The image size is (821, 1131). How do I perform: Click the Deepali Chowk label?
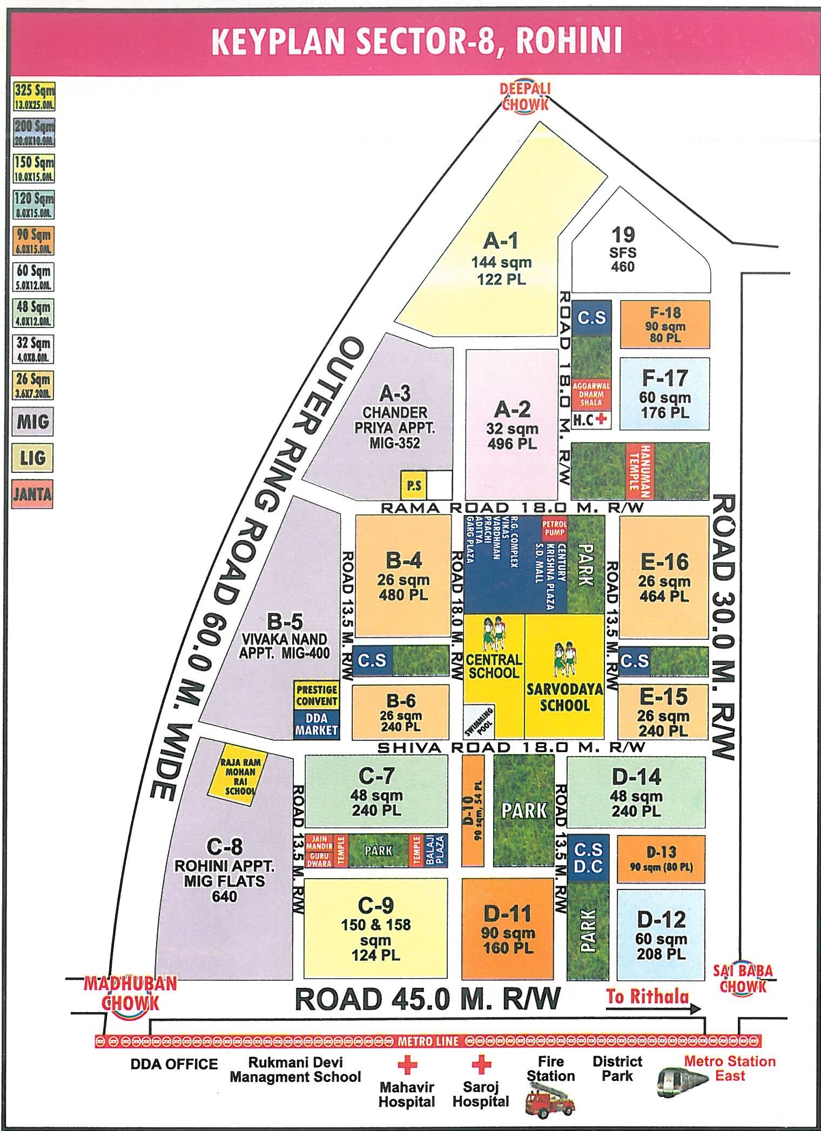(524, 97)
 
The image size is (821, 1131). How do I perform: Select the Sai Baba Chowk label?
(743, 979)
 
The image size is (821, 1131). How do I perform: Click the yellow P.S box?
(414, 485)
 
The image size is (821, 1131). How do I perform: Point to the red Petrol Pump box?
(555, 528)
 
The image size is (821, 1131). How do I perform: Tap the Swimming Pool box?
(479, 721)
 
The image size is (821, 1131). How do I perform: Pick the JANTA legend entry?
(32, 494)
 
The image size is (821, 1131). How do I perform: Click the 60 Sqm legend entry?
(33, 277)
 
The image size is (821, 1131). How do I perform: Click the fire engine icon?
(549, 1102)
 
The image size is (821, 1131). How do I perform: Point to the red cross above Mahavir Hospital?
(407, 1065)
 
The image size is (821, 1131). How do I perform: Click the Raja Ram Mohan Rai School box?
(239, 777)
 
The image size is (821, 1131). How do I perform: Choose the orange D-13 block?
(661, 859)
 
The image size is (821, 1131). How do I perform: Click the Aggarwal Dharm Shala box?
(591, 394)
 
